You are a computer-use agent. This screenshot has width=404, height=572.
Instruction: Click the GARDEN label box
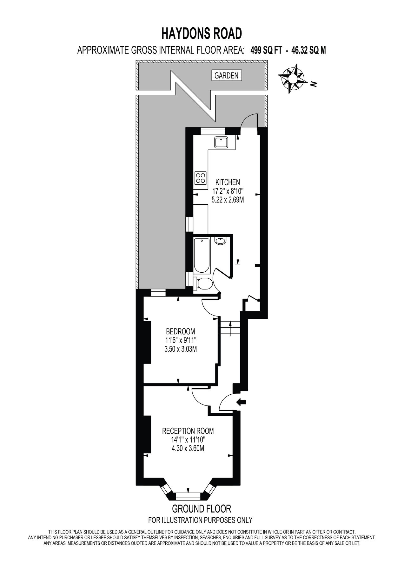coord(226,76)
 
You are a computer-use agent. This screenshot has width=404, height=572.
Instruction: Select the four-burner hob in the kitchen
coord(201,178)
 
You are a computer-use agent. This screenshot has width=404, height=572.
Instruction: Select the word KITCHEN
coord(228,182)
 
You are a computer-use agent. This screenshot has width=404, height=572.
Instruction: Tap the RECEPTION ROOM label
coord(188,431)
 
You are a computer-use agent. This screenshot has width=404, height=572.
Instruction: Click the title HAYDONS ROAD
coord(202,34)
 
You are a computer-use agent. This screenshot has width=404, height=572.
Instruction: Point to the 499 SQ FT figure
coord(266,50)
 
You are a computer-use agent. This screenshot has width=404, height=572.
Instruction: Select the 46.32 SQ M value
coord(308,50)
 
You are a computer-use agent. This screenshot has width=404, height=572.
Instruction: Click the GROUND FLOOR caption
coord(202,509)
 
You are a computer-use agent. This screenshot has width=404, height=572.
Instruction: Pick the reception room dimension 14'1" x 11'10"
coord(188,440)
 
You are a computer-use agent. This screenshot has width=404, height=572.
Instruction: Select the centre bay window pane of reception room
coord(189,496)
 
